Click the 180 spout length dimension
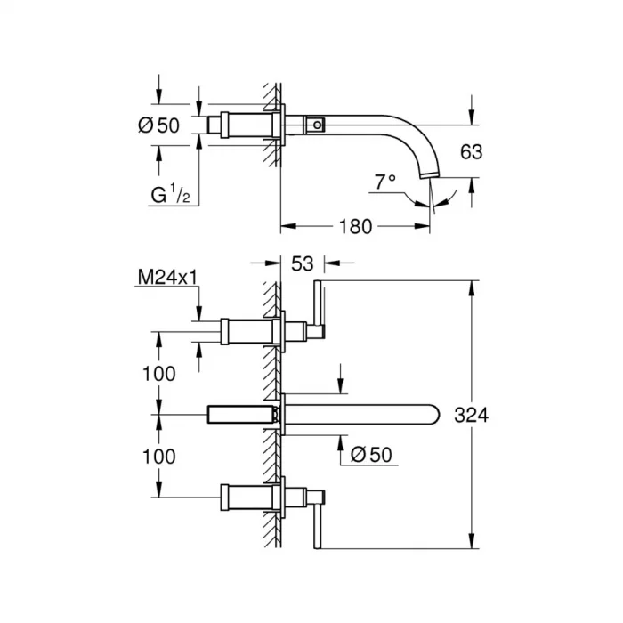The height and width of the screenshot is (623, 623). pyautogui.click(x=354, y=227)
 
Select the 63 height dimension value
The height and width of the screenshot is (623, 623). pyautogui.click(x=472, y=151)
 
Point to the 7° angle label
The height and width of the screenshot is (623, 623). pyautogui.click(x=384, y=182)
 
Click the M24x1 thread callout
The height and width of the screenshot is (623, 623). pyautogui.click(x=166, y=279)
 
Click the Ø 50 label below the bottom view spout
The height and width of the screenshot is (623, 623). pyautogui.click(x=371, y=454)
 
